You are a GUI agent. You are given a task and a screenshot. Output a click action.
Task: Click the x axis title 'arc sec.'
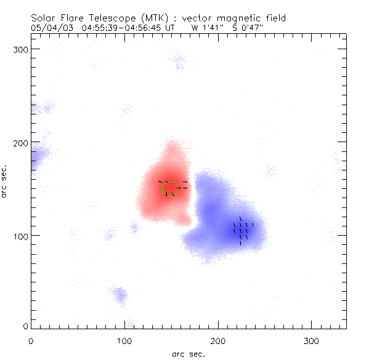(188, 353)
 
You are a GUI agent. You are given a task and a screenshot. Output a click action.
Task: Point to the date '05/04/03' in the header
(49, 28)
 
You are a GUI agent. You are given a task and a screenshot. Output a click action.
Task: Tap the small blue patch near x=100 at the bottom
(121, 295)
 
